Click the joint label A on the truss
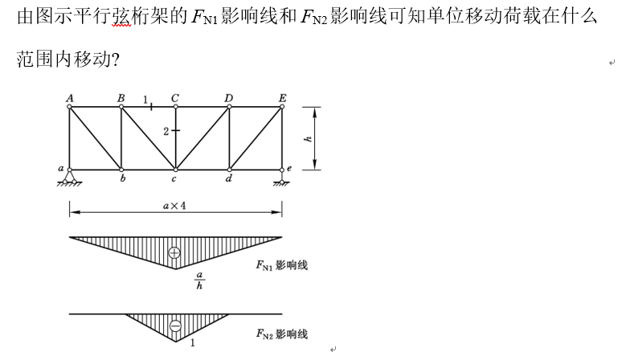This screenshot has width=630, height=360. pos(70,98)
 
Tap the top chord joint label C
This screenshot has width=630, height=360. pos(175,98)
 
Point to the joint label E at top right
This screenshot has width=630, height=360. pos(283,98)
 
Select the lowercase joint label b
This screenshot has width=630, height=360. pos(122,178)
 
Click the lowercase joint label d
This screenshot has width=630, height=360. pos(228,178)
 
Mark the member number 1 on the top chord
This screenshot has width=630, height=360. pos(145,100)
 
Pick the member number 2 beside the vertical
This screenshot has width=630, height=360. pos(166,132)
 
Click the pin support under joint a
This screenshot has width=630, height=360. pos(69,178)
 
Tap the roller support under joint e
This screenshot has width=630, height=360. pos(282,179)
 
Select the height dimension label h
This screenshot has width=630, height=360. pos(309,139)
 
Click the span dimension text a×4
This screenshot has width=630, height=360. pos(174,206)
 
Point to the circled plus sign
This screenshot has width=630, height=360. pos(174,252)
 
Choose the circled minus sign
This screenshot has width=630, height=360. pos(175,325)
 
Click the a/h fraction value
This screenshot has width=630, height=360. pos(199,280)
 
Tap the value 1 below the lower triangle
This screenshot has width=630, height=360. pos(193,342)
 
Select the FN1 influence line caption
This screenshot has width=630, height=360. pos(281,265)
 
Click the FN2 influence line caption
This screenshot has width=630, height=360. pos(281,334)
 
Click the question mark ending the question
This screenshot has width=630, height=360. pos(116,60)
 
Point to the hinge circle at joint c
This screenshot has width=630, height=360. pos(175,170)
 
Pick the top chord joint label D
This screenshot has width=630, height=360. pos(228,98)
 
